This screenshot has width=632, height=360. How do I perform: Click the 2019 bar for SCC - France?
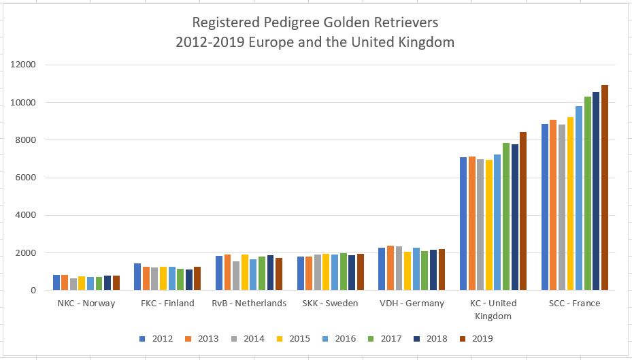[605, 188]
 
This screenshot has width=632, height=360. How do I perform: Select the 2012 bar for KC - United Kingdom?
[463, 224]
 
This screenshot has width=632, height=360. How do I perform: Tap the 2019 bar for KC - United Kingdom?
[523, 211]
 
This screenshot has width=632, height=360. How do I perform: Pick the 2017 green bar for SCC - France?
[588, 193]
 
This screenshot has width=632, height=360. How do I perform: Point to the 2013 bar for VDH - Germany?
[390, 268]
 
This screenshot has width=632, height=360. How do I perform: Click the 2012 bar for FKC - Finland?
[137, 277]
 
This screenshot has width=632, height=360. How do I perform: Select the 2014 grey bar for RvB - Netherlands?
[236, 276]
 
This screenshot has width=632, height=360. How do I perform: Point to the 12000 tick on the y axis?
[24, 65]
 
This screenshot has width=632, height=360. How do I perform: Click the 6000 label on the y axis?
[27, 178]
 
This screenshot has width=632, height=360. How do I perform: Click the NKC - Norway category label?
[86, 304]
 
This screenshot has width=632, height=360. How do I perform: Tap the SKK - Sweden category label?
[331, 304]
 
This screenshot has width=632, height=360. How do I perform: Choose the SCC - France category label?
[576, 304]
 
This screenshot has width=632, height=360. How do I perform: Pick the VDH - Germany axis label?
[412, 304]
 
